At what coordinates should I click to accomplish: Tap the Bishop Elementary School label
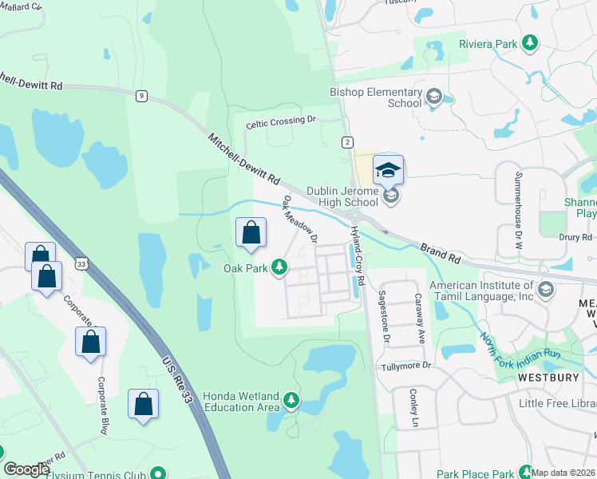coord(375,97)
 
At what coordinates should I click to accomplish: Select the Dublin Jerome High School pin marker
coord(389,170)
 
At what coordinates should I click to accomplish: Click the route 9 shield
coord(141,96)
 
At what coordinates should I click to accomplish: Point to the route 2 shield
coord(347,142)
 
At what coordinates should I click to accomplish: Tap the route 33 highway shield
coord(81,263)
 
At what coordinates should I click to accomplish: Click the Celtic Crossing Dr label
coord(281,121)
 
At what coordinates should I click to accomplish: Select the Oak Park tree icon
coord(279,267)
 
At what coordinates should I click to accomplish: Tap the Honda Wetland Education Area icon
coord(292,399)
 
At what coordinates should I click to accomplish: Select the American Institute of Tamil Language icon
coord(546,289)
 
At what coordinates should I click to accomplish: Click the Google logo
coord(26,469)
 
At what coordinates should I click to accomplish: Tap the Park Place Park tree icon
coord(525,471)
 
